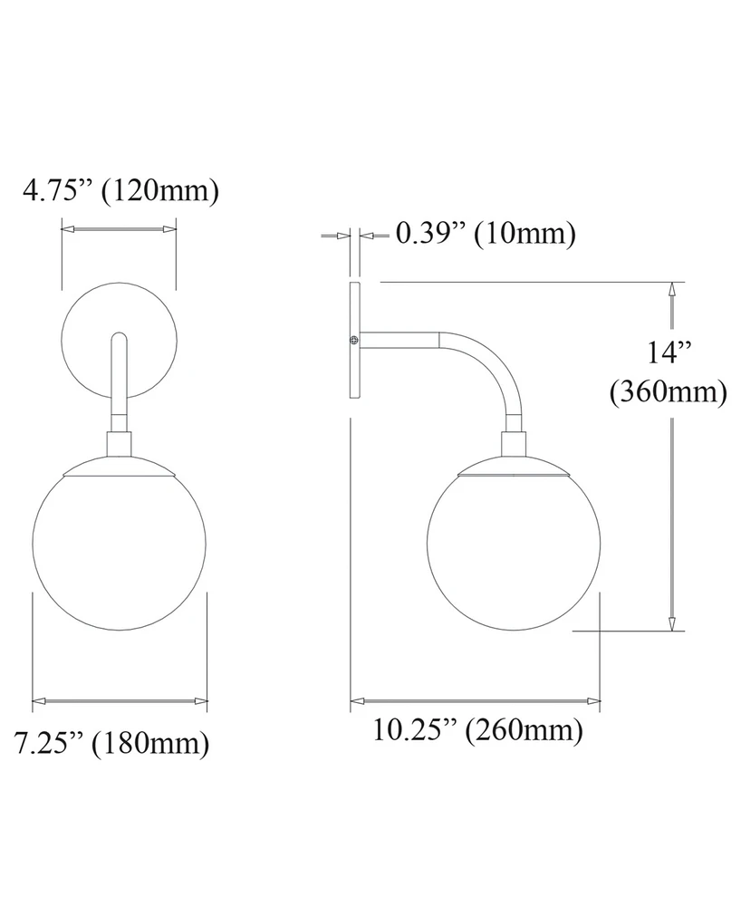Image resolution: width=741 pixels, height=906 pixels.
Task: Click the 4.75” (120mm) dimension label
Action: coord(121,191)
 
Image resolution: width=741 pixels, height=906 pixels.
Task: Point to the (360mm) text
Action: coord(669,391)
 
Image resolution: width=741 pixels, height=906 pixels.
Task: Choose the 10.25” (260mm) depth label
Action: coord(476,729)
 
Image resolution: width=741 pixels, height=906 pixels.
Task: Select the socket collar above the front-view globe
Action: coord(120,444)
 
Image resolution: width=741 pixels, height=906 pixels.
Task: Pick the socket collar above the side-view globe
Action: coord(515,446)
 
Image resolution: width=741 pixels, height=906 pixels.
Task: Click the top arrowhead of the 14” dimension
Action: coord(671,290)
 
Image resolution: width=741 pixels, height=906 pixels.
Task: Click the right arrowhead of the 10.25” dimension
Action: coord(593,700)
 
